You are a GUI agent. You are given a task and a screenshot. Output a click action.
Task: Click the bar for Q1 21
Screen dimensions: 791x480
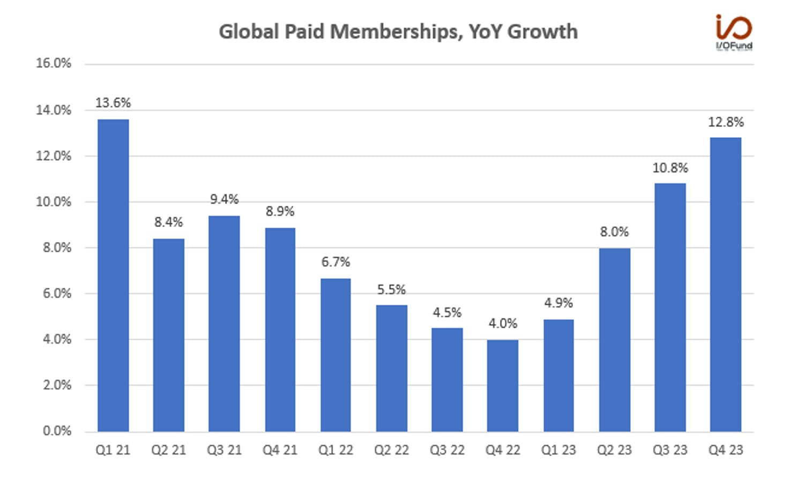(114, 275)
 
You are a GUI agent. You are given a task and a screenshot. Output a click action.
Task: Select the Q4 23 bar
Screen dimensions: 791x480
(726, 284)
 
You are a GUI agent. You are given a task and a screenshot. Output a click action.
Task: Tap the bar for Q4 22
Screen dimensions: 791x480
(503, 386)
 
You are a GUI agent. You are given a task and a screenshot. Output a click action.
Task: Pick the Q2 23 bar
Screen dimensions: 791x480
(615, 340)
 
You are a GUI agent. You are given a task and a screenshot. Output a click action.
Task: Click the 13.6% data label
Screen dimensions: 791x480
(114, 103)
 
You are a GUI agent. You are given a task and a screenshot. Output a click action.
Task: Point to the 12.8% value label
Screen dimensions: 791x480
(726, 122)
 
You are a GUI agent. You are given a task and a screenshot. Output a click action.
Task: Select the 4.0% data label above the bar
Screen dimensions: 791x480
(503, 323)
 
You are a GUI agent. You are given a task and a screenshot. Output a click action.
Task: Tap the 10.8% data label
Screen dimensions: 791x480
(670, 168)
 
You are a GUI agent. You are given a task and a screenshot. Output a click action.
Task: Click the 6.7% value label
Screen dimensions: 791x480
(336, 262)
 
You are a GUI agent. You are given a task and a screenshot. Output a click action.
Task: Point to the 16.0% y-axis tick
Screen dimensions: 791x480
(54, 63)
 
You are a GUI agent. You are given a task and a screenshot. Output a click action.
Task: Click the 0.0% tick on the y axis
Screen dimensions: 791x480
(57, 431)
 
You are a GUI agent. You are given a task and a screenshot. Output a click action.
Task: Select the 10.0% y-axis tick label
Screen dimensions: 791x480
(54, 202)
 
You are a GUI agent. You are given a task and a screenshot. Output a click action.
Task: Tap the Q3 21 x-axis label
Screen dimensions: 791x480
(224, 450)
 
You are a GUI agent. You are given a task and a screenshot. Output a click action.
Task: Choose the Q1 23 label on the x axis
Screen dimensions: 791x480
(558, 450)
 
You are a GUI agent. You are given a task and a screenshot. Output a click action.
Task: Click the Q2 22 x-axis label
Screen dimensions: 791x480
(392, 450)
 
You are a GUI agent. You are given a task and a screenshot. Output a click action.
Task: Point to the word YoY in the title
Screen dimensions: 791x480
(485, 32)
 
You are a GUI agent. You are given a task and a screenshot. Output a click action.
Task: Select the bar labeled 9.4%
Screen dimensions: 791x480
(224, 324)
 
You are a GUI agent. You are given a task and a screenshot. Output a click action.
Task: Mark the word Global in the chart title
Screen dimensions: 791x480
(249, 32)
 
